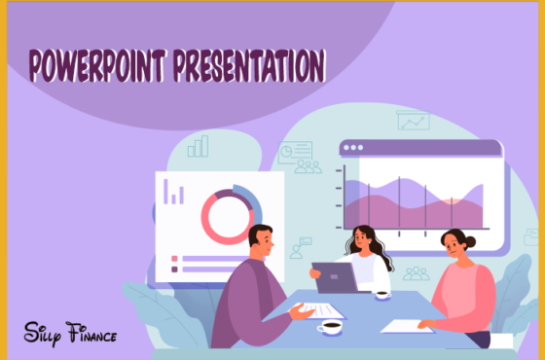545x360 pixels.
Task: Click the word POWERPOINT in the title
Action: (97, 66)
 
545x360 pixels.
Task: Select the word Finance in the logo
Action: (92, 335)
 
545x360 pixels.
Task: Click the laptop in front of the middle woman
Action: (336, 278)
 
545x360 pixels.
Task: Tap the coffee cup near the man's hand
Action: (330, 327)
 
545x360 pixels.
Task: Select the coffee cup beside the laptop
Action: (382, 291)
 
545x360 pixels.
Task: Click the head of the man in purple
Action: (260, 240)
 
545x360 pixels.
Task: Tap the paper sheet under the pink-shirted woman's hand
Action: (407, 325)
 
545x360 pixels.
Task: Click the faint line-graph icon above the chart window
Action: (414, 122)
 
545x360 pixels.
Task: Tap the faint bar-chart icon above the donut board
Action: (199, 146)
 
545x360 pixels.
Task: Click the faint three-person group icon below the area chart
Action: (416, 273)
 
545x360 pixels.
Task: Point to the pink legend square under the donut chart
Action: (174, 259)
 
